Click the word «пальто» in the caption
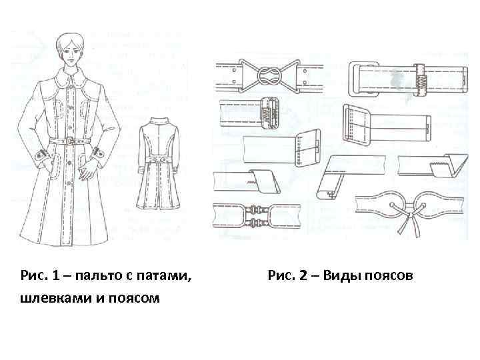click(98, 275)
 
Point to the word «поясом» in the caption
click(134, 298)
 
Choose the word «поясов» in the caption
click(388, 275)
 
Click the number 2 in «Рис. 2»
click(303, 275)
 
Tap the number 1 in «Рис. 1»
click(56, 275)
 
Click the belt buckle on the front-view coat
click(70, 141)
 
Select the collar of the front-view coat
click(71, 79)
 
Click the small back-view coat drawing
click(158, 163)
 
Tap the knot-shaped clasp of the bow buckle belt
click(269, 75)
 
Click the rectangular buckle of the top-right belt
click(363, 79)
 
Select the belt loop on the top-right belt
click(420, 79)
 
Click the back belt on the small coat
click(158, 161)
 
